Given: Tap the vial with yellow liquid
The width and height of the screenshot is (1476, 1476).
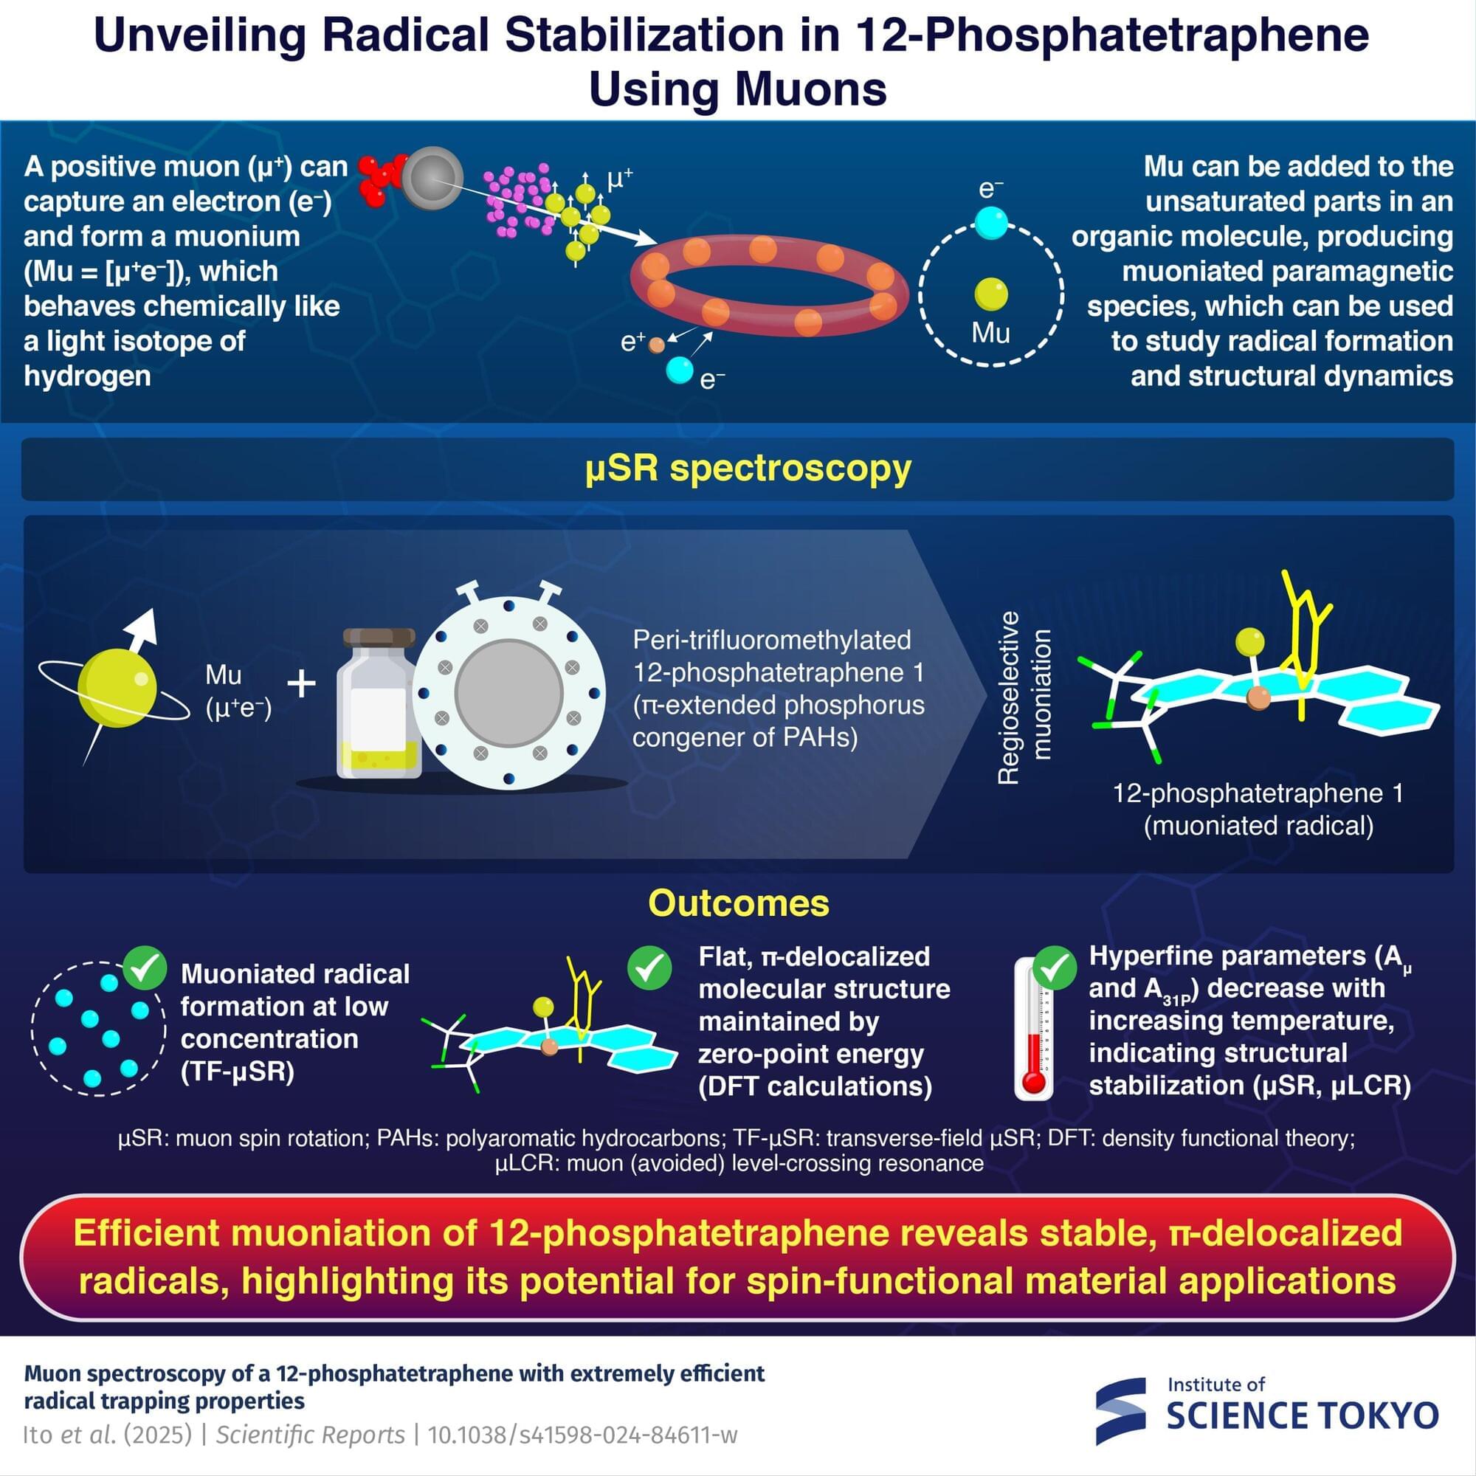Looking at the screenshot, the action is click(379, 703).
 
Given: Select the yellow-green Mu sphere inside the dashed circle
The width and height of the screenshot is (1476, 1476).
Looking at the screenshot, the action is click(992, 294).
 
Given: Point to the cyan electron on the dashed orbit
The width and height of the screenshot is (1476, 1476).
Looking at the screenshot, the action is click(992, 224).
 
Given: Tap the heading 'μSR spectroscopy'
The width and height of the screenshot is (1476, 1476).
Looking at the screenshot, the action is click(748, 469).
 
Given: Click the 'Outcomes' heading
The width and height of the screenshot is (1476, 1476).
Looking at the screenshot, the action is click(738, 903).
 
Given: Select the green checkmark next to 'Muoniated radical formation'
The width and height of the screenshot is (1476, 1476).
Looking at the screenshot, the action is click(145, 968).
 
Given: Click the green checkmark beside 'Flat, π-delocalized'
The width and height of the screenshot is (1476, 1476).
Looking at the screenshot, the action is click(649, 968).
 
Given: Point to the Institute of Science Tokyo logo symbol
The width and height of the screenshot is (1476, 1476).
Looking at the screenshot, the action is click(1121, 1411).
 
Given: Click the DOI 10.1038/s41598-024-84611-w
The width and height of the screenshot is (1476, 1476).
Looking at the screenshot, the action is click(582, 1435).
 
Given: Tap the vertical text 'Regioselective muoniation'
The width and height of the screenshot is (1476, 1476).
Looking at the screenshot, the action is click(1024, 697).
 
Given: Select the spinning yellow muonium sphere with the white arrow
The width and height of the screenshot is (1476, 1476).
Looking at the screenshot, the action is click(117, 688).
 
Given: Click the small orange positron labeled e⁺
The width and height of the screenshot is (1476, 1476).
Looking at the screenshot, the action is click(656, 345).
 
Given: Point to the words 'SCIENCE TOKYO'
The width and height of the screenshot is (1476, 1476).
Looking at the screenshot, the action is click(1303, 1415).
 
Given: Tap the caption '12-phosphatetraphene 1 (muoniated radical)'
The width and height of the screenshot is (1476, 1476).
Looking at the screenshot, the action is click(1258, 809).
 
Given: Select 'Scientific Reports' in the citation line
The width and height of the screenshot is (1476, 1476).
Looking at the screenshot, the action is click(310, 1435).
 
